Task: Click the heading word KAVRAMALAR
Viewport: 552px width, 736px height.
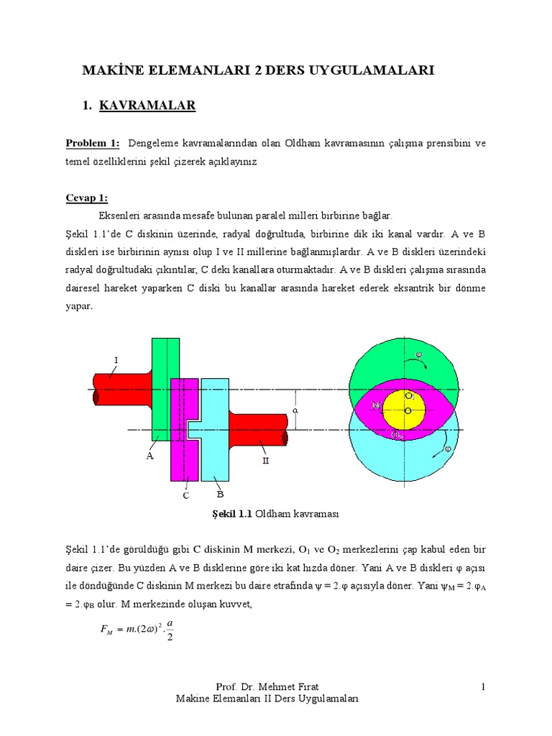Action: pyautogui.click(x=147, y=106)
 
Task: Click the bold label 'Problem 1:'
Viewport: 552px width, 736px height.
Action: pyautogui.click(x=93, y=143)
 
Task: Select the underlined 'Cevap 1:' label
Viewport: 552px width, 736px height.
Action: pyautogui.click(x=87, y=198)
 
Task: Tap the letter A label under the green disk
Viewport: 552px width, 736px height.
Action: pyautogui.click(x=151, y=454)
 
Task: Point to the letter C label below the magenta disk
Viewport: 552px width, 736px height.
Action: pyautogui.click(x=185, y=494)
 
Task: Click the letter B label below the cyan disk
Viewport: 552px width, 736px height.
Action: pyautogui.click(x=220, y=494)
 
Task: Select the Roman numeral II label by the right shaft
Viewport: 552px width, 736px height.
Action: pyautogui.click(x=265, y=461)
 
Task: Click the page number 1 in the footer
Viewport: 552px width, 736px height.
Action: pyautogui.click(x=484, y=688)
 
